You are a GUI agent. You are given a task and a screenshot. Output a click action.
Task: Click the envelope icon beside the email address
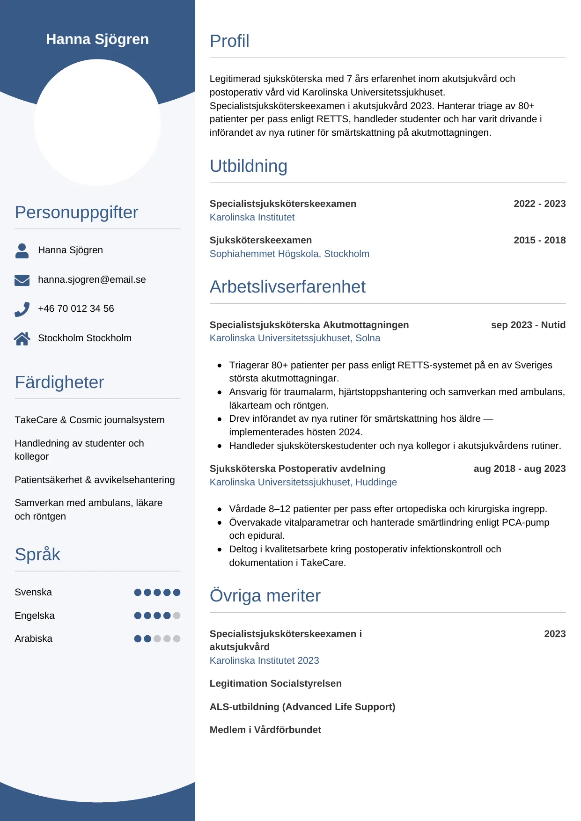tap(22, 280)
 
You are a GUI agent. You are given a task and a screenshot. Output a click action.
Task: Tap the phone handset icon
tap(22, 309)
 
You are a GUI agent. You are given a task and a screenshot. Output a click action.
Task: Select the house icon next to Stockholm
tap(22, 338)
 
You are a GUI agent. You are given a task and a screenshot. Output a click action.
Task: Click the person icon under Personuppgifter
tap(22, 250)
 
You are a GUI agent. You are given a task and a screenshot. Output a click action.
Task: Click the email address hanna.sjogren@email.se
tap(92, 279)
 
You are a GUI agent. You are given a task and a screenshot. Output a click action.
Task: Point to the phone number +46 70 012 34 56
tap(76, 308)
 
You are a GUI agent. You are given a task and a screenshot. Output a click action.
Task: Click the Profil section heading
tap(229, 41)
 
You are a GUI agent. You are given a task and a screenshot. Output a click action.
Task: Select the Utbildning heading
tap(248, 166)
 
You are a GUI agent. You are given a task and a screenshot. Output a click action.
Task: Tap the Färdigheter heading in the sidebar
tap(59, 382)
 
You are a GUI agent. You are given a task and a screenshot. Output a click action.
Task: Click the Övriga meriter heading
tap(265, 596)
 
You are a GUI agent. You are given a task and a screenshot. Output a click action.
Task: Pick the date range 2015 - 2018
tap(539, 240)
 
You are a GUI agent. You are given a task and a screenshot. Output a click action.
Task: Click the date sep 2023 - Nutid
tap(528, 325)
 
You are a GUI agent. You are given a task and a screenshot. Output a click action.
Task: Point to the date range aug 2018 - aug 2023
tap(519, 469)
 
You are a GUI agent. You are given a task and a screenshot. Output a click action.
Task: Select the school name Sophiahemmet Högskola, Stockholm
tap(289, 254)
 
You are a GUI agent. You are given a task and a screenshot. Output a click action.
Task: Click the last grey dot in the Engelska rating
tap(177, 616)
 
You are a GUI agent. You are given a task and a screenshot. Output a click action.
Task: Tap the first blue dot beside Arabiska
tap(138, 638)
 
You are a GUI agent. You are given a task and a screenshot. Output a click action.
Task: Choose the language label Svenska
tap(33, 592)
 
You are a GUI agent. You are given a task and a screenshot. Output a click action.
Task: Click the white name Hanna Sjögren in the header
tap(97, 39)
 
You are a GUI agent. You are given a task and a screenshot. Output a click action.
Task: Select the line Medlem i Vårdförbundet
tap(265, 730)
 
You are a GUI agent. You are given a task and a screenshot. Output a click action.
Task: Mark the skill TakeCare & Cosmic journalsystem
tap(89, 420)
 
